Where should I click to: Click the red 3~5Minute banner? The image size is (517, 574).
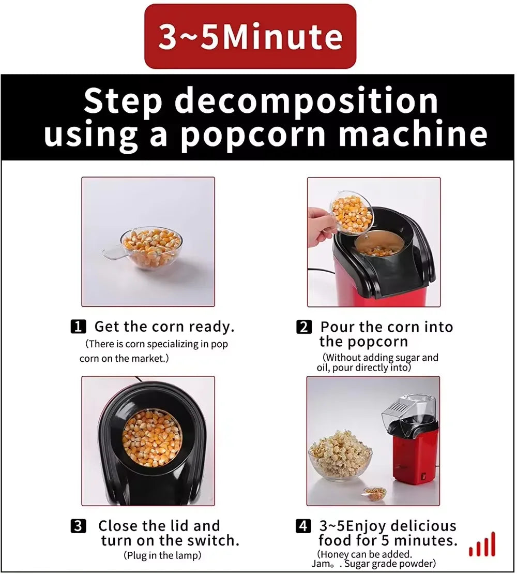250,36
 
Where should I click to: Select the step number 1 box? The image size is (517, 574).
78,327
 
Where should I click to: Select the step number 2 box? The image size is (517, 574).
304,327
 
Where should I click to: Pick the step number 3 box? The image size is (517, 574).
78,526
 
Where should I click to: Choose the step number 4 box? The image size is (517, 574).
303,526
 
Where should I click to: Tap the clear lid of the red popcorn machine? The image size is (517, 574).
409,409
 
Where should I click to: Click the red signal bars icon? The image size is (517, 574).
482,544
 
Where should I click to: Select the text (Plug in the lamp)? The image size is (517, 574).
163,555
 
